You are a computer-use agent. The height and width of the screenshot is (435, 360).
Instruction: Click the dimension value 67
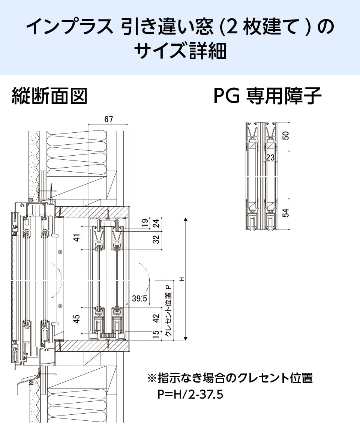108,120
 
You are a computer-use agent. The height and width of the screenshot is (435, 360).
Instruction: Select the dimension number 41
77,238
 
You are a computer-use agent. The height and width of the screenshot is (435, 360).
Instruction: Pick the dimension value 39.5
139,298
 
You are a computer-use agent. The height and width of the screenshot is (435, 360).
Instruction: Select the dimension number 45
77,319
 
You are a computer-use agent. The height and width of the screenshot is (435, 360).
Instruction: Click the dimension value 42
156,318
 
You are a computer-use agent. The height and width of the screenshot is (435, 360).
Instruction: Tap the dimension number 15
156,334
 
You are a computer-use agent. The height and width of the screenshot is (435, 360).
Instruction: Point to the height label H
182,279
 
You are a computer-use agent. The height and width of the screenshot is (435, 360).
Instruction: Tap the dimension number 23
270,158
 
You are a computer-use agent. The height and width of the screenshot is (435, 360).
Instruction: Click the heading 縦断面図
49,96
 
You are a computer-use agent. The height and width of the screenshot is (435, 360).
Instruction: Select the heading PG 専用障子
267,96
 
